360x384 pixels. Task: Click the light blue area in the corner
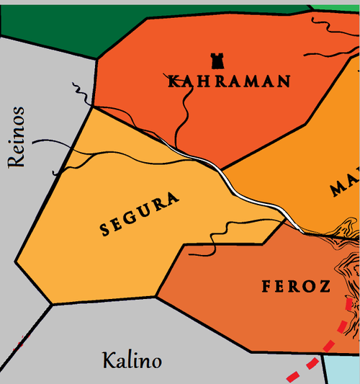click(x=342, y=369)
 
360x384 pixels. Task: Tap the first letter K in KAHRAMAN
click(x=173, y=81)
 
